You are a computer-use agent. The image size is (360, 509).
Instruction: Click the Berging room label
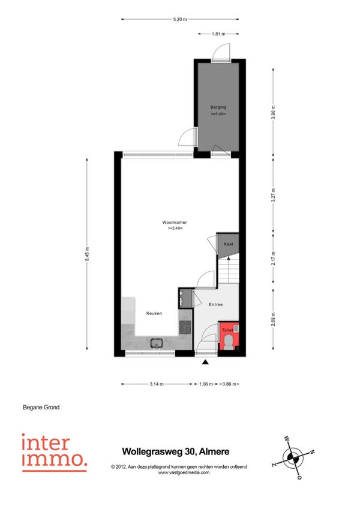[218, 107]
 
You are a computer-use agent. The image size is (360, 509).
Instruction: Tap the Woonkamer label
[175, 222]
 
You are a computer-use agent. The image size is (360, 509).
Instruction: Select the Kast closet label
[228, 244]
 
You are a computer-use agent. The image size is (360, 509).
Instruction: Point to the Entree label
[215, 304]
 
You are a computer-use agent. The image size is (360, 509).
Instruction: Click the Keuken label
[154, 313]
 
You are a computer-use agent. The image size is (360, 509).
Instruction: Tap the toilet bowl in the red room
[228, 342]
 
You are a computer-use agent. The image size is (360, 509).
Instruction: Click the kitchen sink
[157, 343]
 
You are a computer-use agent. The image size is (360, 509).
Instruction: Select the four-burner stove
[185, 327]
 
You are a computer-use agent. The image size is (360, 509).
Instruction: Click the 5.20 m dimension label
[180, 19]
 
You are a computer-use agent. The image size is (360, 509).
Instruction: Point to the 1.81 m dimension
[218, 34]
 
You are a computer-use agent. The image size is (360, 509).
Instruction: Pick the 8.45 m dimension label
[87, 254]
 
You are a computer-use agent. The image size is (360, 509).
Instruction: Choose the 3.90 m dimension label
[273, 112]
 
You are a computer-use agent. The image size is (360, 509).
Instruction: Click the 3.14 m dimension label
[157, 384]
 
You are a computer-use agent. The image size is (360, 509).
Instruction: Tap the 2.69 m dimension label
[273, 319]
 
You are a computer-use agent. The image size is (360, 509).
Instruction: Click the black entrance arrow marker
[205, 362]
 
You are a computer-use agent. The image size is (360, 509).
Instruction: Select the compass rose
[293, 458]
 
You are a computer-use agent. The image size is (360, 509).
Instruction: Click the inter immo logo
[54, 452]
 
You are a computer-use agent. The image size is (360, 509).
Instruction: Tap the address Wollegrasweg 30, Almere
[176, 451]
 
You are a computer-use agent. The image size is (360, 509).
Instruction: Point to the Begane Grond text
[41, 407]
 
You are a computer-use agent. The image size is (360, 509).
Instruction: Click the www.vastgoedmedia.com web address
[184, 472]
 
